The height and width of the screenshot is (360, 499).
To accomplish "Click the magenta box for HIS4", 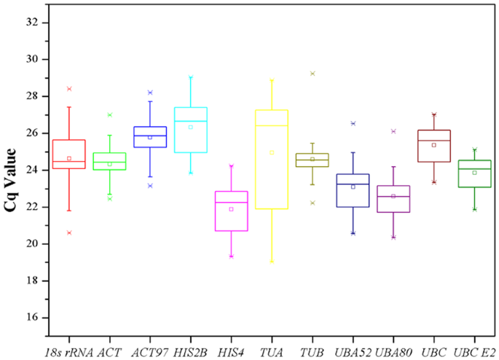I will [x=231, y=211].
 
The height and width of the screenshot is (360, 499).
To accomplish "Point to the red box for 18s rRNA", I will [x=69, y=154].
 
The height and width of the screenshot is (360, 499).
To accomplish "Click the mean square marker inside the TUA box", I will [x=271, y=152].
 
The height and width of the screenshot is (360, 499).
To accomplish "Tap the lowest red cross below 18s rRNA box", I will [x=69, y=232].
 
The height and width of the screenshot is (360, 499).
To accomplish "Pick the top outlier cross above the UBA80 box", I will [x=393, y=131].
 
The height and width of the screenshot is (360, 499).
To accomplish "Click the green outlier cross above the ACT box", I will [x=109, y=114].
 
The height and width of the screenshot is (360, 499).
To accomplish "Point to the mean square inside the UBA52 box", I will [x=353, y=187].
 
